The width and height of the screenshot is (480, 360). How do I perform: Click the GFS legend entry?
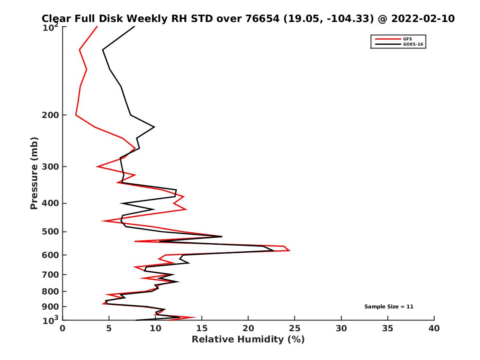click(x=408, y=39)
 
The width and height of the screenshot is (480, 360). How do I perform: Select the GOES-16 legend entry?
click(x=412, y=44)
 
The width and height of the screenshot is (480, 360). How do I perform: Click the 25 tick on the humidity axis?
click(x=295, y=328)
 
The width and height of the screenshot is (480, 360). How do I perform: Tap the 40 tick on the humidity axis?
click(x=434, y=328)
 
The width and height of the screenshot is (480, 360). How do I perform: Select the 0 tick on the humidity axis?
click(x=63, y=328)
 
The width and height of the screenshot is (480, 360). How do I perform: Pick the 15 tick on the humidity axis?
click(x=202, y=328)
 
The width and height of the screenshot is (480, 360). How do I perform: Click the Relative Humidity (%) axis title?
click(x=248, y=340)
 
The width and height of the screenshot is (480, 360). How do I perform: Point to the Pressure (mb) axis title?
click(x=34, y=173)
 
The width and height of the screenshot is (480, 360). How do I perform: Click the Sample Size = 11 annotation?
click(x=388, y=307)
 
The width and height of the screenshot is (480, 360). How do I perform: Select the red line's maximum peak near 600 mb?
click(x=290, y=250)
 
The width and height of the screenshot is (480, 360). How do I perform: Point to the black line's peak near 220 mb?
click(x=154, y=127)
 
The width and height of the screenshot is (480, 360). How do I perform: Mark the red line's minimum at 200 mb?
click(x=76, y=115)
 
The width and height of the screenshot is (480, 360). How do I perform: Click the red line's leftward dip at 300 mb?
click(x=97, y=166)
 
